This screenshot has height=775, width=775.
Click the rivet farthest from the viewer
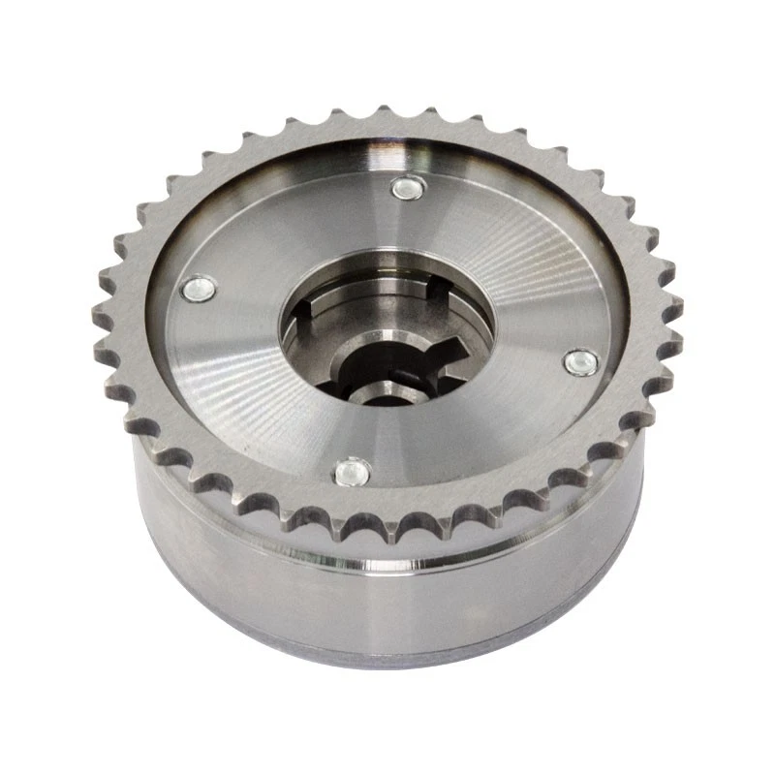tap(406, 188)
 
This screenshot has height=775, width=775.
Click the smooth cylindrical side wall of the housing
tap(387, 601)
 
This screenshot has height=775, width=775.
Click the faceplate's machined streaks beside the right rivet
tap(542, 320)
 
